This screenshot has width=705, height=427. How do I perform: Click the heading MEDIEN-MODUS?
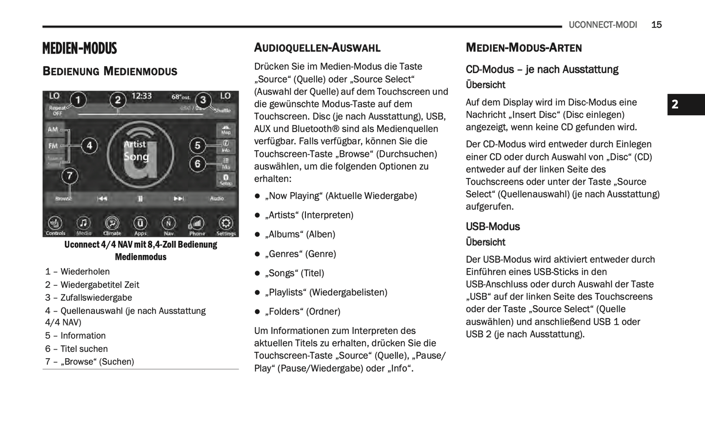[x=80, y=48]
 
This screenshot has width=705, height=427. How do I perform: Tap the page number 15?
[x=656, y=25]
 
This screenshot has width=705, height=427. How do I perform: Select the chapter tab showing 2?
[x=675, y=104]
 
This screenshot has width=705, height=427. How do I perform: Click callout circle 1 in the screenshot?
[x=78, y=100]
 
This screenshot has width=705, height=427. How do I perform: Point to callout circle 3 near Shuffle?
[x=203, y=100]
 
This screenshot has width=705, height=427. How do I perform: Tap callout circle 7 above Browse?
[x=70, y=175]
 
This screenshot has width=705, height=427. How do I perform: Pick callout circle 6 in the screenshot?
[x=198, y=164]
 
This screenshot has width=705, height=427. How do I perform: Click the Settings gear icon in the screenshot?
[x=225, y=224]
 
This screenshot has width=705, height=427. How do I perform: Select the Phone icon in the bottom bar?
[x=197, y=224]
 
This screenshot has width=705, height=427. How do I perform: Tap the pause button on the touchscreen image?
[x=140, y=198]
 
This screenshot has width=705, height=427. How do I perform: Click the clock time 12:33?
[x=141, y=96]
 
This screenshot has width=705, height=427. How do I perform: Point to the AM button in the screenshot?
[x=53, y=130]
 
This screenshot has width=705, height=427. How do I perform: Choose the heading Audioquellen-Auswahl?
[x=317, y=48]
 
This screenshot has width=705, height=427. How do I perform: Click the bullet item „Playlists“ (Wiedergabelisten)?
[x=326, y=292]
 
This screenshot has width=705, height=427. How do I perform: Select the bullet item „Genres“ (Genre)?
[x=300, y=254]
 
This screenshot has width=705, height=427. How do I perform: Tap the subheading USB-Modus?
[x=493, y=227]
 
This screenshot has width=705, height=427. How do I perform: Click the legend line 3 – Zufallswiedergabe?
[x=89, y=298]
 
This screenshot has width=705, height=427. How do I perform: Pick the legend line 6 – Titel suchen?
[x=77, y=349]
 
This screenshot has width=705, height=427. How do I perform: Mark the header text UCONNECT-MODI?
[x=603, y=25]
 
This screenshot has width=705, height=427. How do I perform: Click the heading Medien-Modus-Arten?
[x=524, y=48]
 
